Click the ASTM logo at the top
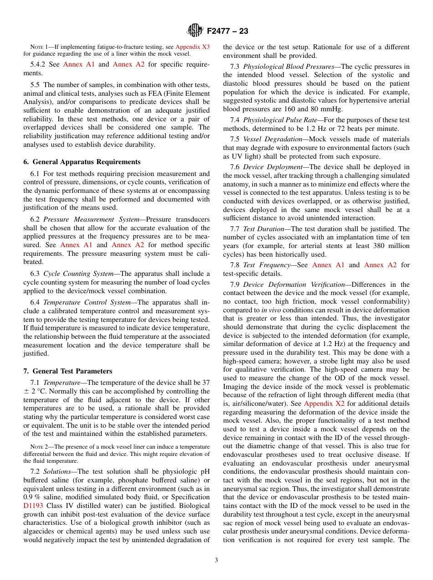(x=195, y=31)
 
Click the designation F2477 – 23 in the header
(x=227, y=31)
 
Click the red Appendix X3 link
(x=192, y=47)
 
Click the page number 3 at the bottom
(x=216, y=560)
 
